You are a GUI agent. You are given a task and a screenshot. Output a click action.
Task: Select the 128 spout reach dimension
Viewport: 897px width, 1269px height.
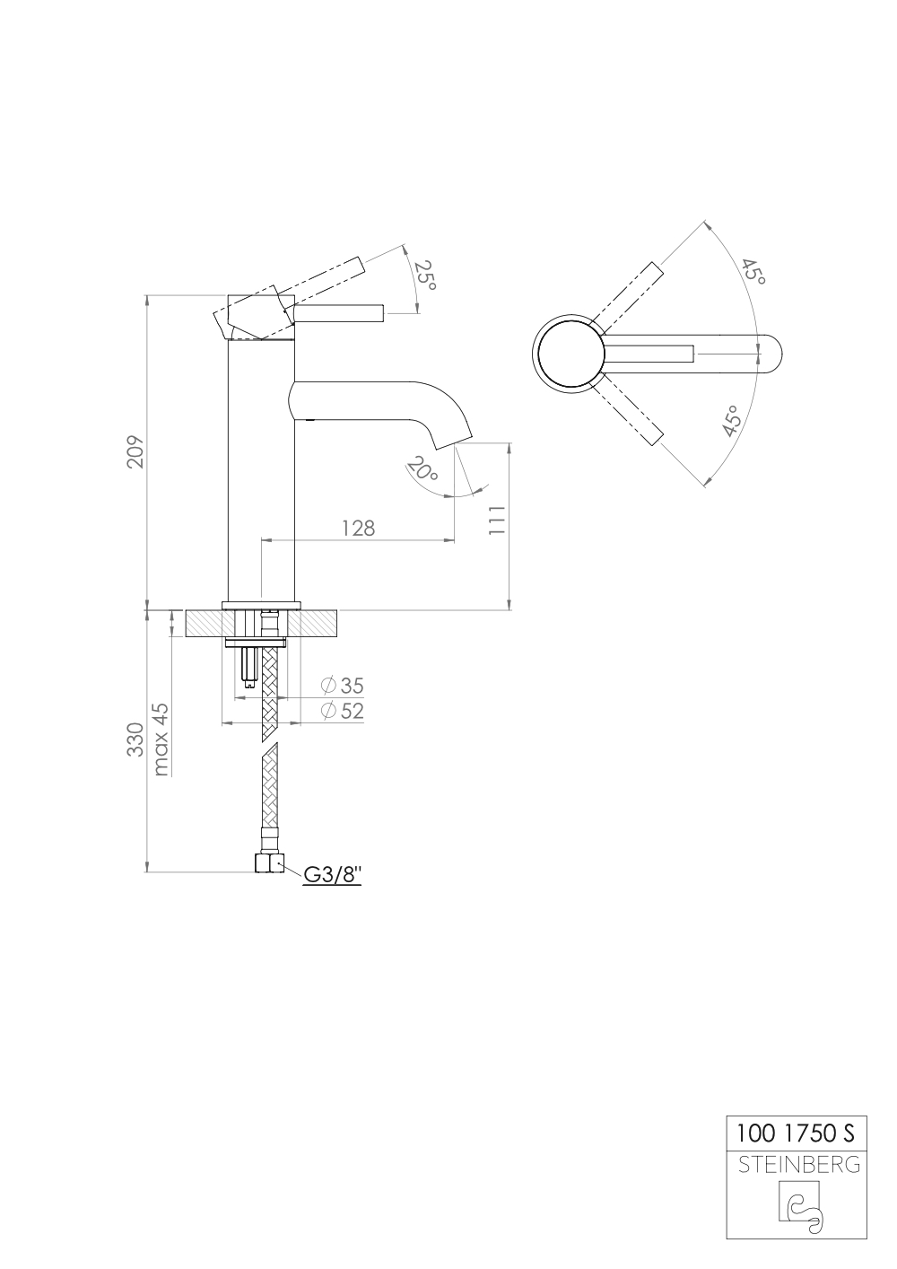358,528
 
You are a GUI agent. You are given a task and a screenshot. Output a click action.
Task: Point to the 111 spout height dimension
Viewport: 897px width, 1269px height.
497,521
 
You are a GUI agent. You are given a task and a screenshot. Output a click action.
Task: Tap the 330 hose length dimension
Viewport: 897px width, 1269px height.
135,739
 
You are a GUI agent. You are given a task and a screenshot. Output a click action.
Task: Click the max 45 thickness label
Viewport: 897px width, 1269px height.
161,739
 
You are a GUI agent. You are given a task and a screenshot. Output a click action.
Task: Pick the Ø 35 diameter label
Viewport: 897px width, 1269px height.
342,686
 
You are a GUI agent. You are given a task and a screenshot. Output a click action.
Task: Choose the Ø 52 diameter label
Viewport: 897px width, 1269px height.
342,711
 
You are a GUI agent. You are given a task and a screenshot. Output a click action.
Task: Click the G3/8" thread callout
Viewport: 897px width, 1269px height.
332,874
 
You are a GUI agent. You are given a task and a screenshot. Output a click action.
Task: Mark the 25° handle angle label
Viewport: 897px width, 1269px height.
426,276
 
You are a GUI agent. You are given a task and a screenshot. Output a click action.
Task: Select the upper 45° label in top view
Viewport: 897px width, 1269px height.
753,272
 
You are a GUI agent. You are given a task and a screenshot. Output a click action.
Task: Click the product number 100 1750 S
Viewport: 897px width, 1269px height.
796,1133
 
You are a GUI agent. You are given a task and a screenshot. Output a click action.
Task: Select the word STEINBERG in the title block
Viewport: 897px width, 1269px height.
797,1165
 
